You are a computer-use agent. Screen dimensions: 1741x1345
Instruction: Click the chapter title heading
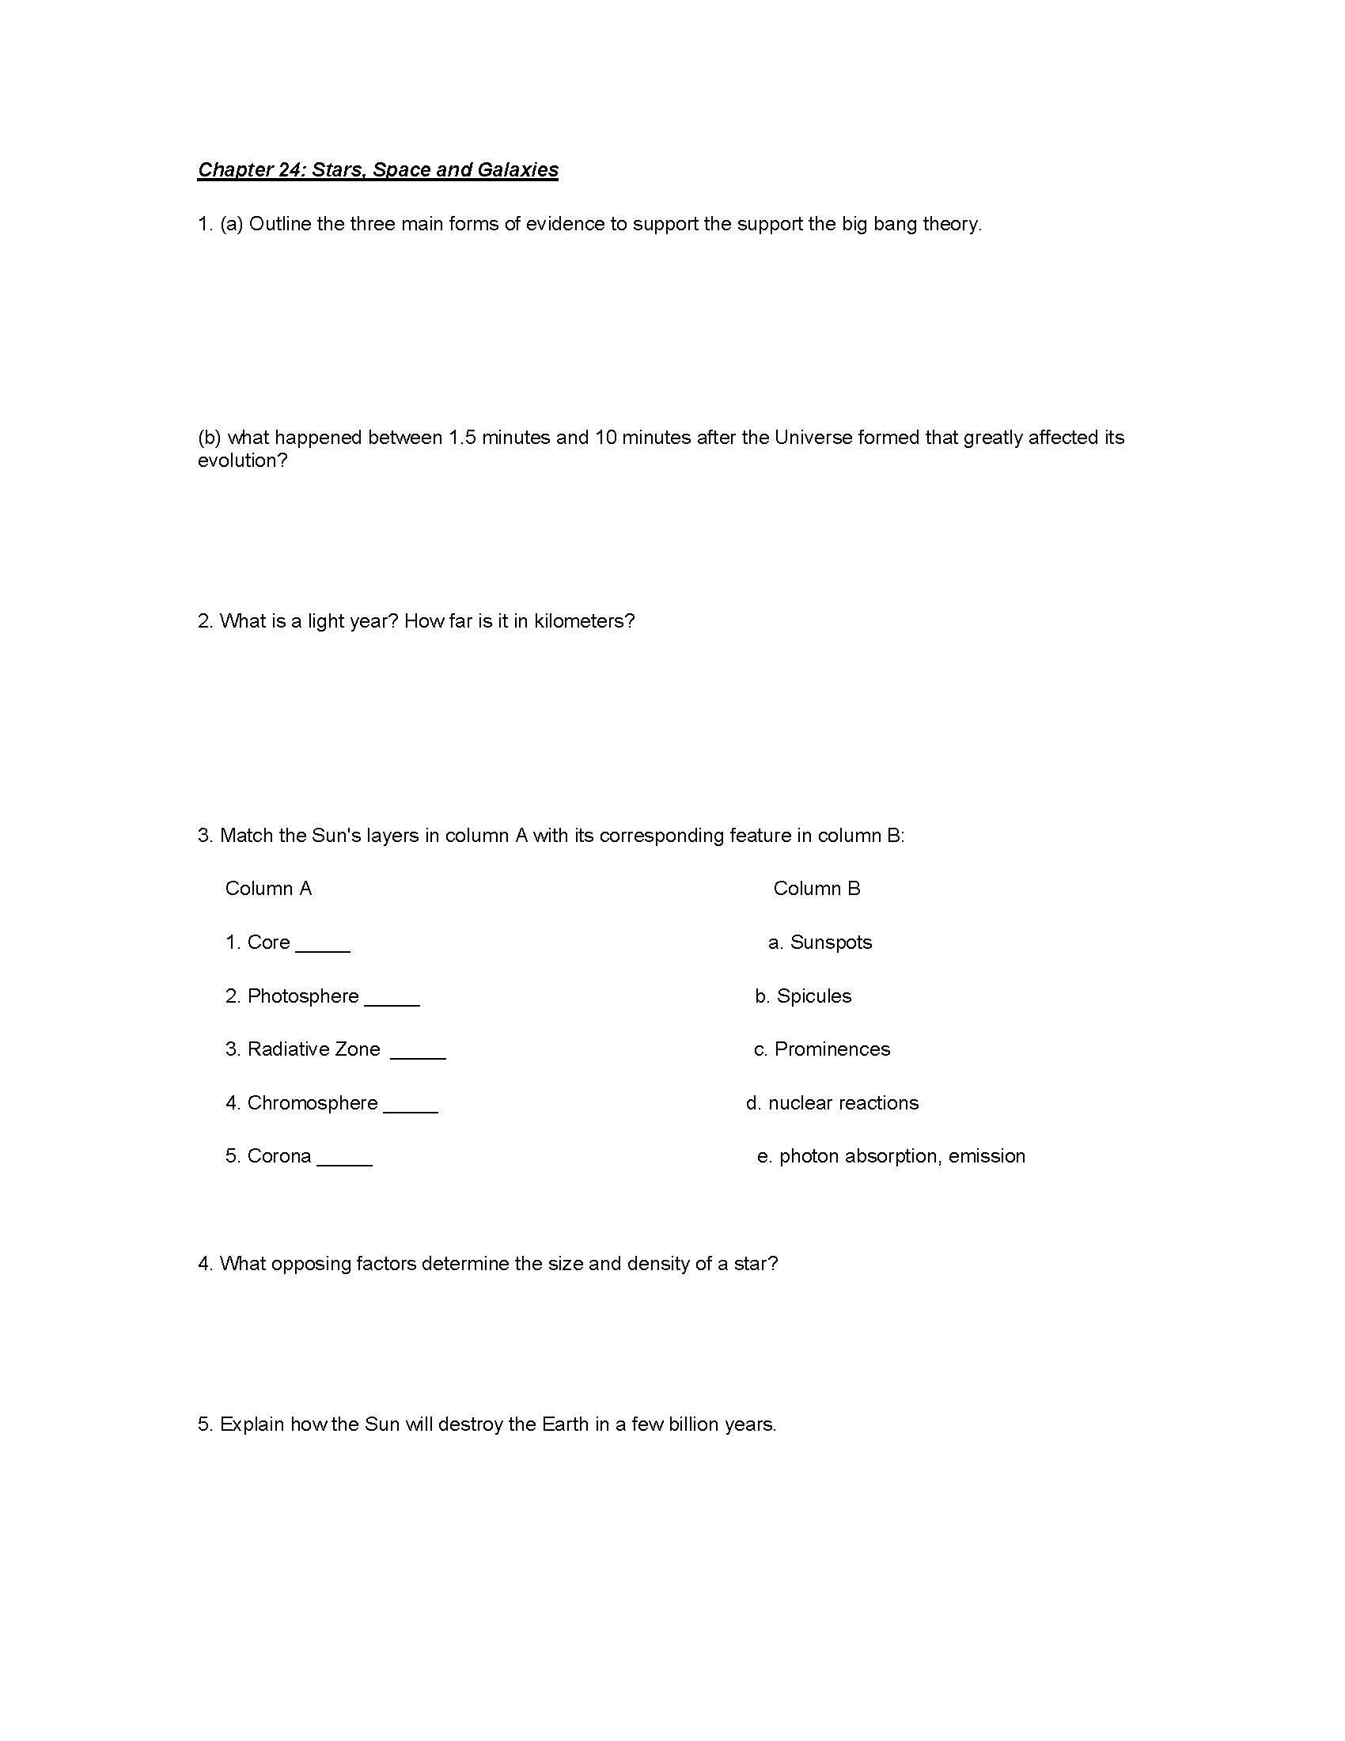click(377, 170)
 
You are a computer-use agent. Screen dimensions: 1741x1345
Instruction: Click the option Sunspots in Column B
click(830, 943)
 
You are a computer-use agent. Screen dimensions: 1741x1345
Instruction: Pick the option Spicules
click(813, 996)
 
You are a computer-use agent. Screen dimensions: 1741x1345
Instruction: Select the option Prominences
click(832, 1049)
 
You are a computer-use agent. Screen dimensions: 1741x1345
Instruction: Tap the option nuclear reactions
click(843, 1102)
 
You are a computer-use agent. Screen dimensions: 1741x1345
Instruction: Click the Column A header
click(268, 889)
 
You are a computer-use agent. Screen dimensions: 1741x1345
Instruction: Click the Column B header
click(816, 889)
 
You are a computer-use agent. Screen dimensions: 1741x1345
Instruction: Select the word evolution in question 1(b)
click(241, 461)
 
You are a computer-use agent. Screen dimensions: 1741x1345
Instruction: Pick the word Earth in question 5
click(565, 1424)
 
